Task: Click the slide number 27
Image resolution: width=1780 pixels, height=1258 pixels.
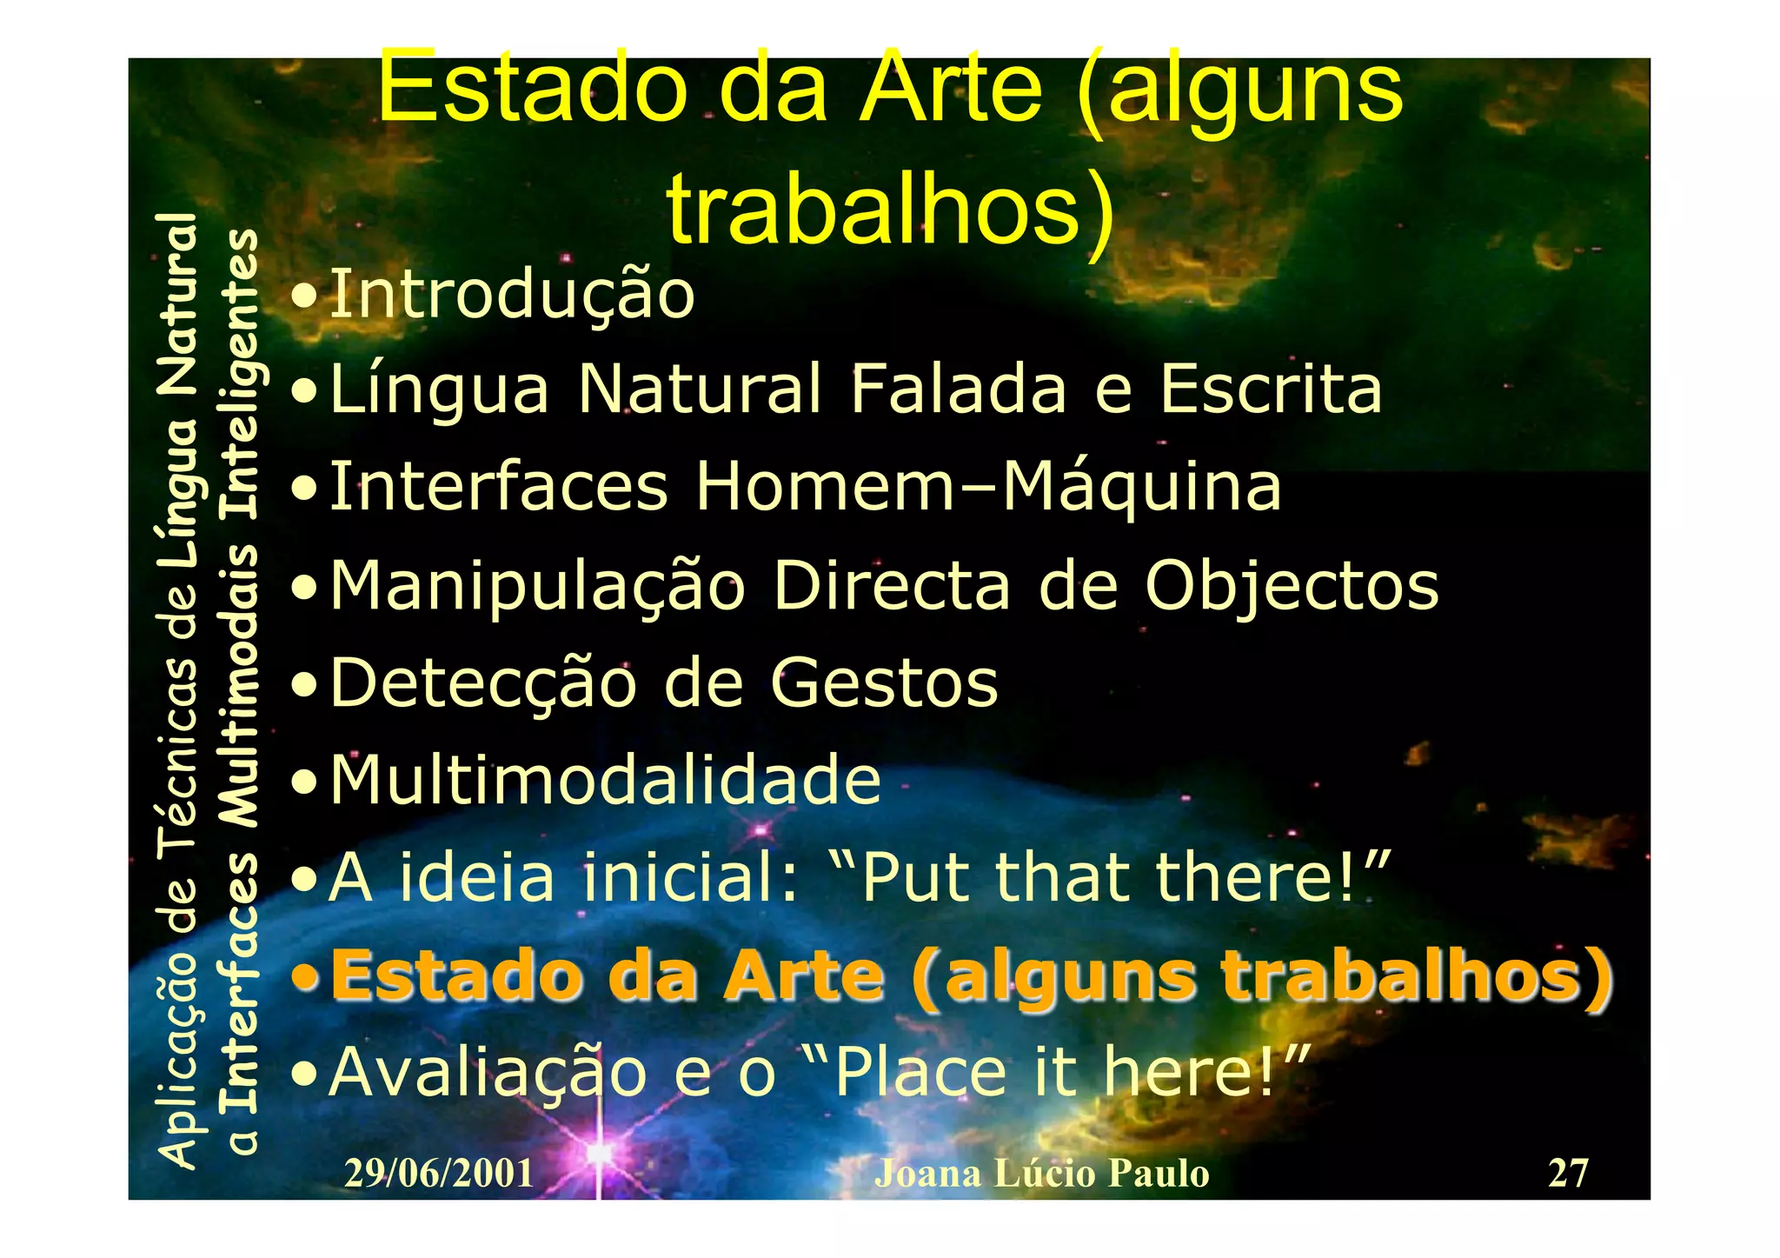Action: (x=1567, y=1173)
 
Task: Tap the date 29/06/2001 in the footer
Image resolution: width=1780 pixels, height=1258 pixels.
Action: (x=439, y=1174)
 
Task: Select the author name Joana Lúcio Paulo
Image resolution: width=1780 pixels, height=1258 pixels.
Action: (x=1041, y=1174)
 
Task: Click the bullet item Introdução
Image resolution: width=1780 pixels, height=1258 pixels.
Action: (x=512, y=295)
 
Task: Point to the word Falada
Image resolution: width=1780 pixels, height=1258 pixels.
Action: (x=958, y=389)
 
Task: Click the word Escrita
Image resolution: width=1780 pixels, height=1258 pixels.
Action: (x=1270, y=389)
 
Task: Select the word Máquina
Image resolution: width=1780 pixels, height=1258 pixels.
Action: (x=1141, y=487)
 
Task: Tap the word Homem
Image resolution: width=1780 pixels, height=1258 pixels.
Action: (x=825, y=487)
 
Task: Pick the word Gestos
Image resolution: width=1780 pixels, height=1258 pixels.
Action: (x=884, y=683)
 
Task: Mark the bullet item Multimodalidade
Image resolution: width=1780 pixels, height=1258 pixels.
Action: (x=605, y=780)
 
